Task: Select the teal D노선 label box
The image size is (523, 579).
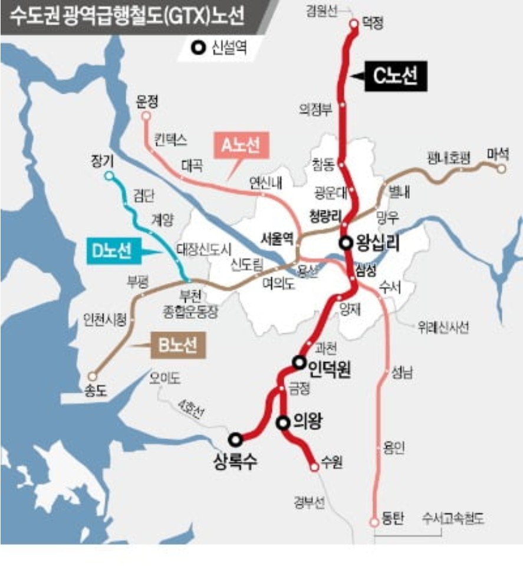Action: coord(111,252)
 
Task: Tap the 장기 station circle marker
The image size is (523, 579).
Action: coord(108,176)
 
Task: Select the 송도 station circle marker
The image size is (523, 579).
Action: coord(92,376)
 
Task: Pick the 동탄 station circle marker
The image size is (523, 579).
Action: coord(373,522)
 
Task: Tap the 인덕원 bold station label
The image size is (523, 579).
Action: coord(330,369)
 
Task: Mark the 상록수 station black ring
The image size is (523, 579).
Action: coord(235,439)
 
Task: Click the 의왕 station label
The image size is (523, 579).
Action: coord(306,422)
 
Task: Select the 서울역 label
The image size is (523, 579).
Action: coord(277,239)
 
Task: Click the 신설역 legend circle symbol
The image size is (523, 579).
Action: coord(201,48)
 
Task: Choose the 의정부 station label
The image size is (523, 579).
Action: coord(316,108)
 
